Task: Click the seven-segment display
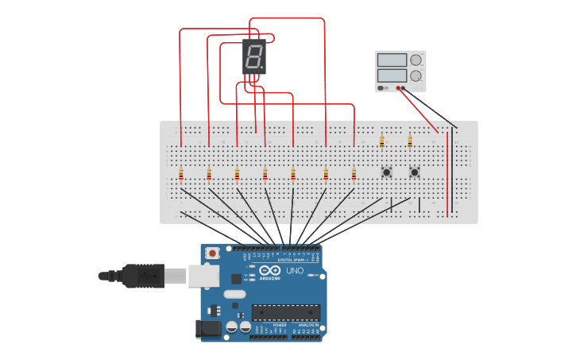[x=253, y=57]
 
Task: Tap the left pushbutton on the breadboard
[x=386, y=172]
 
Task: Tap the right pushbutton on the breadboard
[x=414, y=172]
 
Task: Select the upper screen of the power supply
[x=392, y=60]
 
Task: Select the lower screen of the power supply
[x=392, y=75]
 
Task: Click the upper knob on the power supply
[x=416, y=60]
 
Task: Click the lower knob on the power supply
[x=416, y=76]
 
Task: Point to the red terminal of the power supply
[x=397, y=87]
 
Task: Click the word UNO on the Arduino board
[x=295, y=271]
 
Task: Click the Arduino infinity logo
[x=271, y=271]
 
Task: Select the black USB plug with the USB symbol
[x=143, y=276]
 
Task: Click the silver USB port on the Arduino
[x=203, y=275]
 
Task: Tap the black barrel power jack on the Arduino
[x=208, y=329]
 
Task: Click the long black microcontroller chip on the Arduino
[x=286, y=312]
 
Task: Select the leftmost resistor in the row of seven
[x=181, y=174]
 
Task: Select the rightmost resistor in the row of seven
[x=354, y=174]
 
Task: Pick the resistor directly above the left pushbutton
[x=382, y=142]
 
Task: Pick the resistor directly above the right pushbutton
[x=410, y=142]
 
